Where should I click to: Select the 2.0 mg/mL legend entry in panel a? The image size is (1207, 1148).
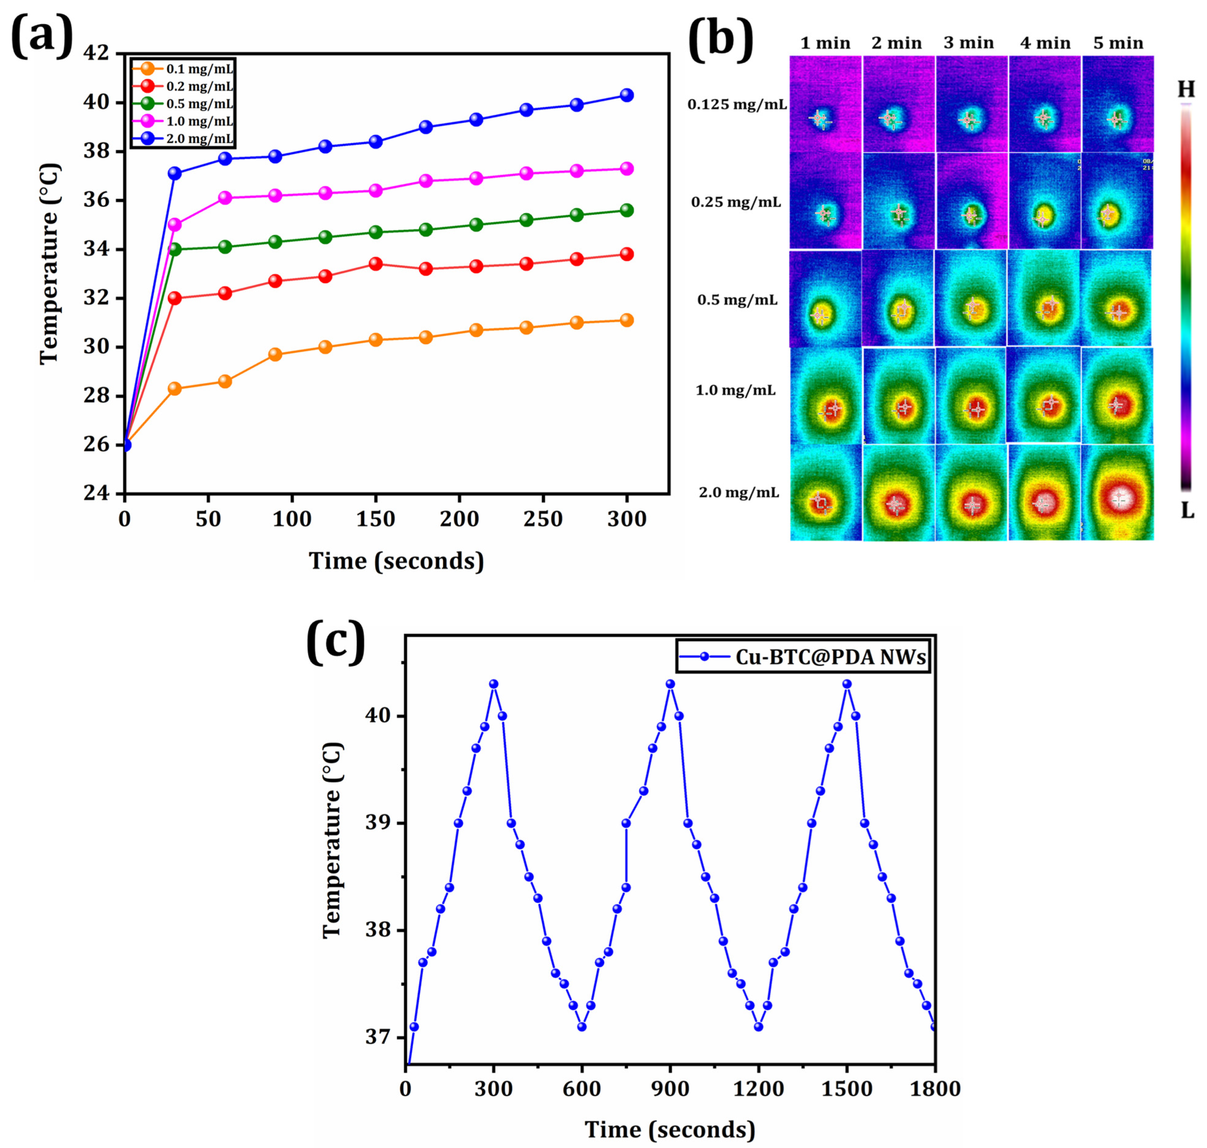tap(183, 139)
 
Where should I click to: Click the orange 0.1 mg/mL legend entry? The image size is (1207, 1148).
tap(183, 69)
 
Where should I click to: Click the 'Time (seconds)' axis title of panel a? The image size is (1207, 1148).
tap(396, 560)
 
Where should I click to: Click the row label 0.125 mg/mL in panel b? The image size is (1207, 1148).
tap(737, 105)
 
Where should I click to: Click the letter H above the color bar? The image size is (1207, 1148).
tap(1186, 90)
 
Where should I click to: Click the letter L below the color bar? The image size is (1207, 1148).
tap(1187, 511)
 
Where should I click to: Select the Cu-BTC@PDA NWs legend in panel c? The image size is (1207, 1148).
tap(804, 656)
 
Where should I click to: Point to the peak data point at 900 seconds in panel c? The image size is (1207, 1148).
tap(670, 684)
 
